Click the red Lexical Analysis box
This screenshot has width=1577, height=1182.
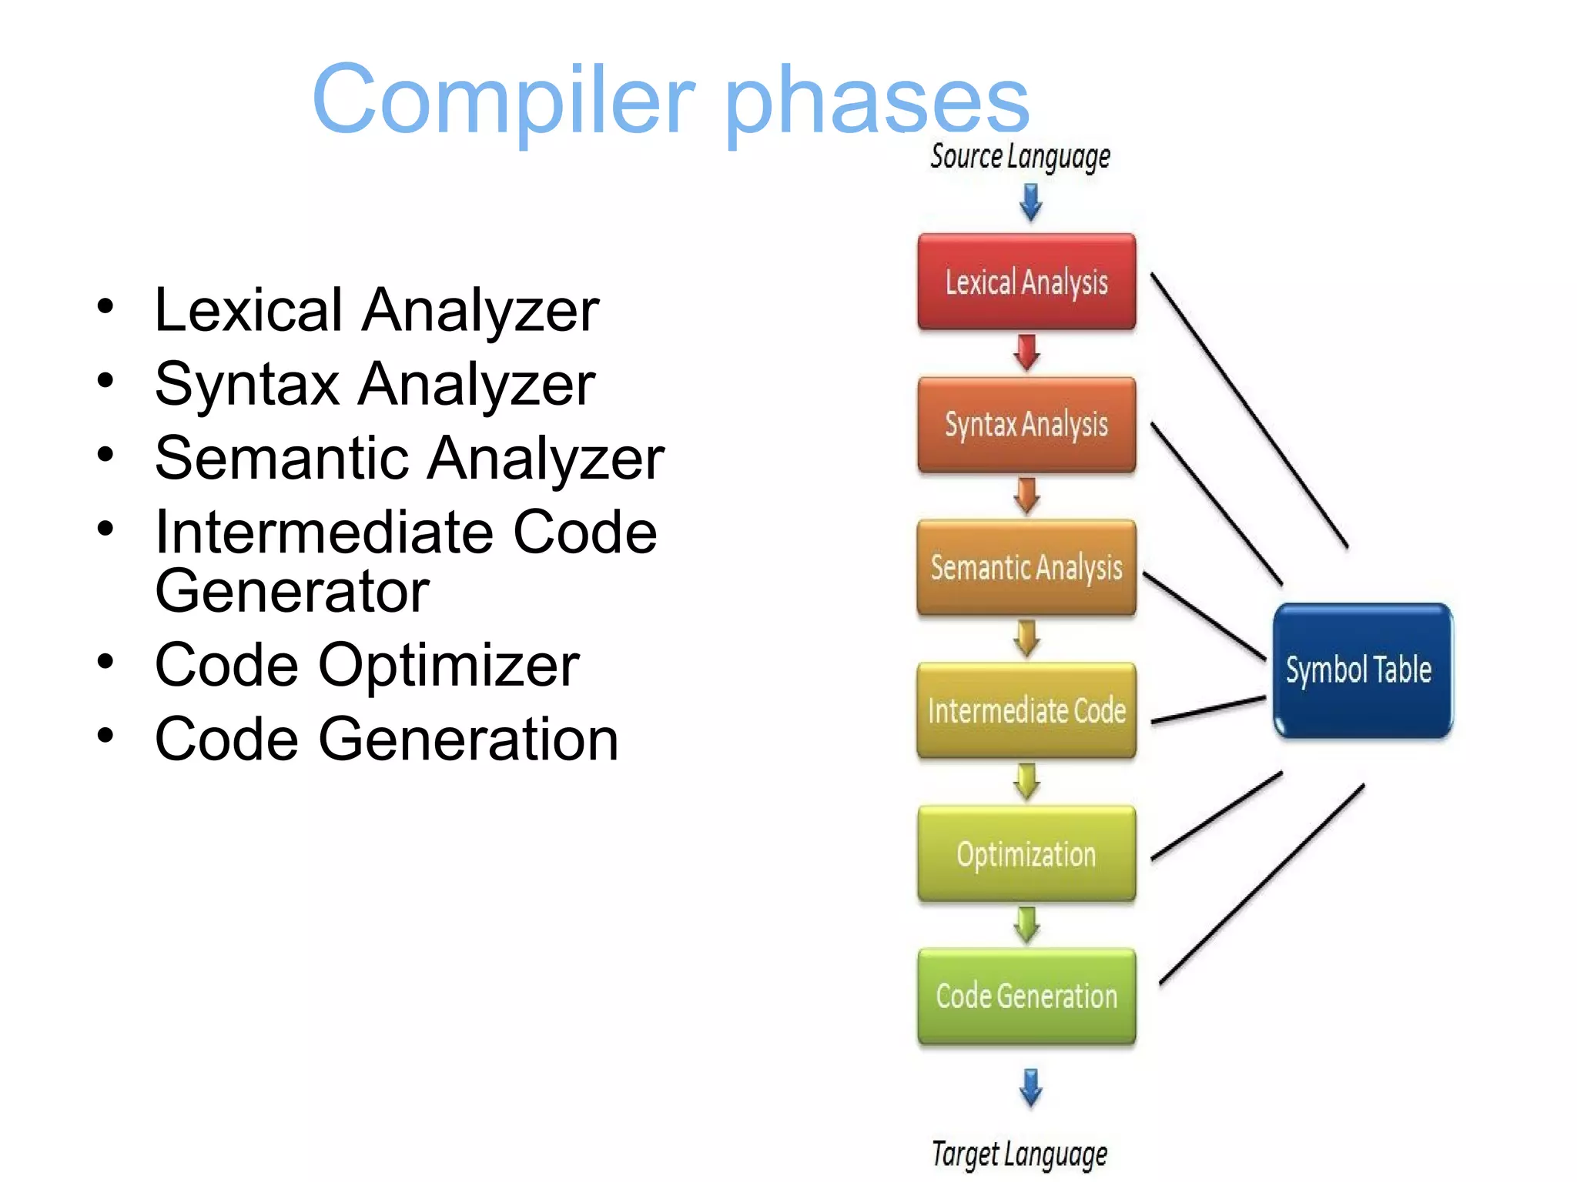click(x=1026, y=282)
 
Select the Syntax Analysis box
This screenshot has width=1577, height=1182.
click(x=1026, y=425)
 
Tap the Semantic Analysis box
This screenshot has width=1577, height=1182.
click(x=1026, y=567)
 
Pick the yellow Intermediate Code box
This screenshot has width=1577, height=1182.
click(x=1026, y=710)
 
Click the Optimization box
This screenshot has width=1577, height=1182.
click(x=1026, y=853)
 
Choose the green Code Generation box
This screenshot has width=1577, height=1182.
click(x=1026, y=996)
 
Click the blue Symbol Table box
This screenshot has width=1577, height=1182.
click(x=1361, y=670)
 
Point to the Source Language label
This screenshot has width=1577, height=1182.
click(x=1020, y=157)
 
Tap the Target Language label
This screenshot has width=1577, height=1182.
click(x=1020, y=1154)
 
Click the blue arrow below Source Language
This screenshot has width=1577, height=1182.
click(x=1030, y=203)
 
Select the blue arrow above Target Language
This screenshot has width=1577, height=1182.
click(x=1030, y=1087)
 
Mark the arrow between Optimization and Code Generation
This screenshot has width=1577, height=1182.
click(x=1026, y=924)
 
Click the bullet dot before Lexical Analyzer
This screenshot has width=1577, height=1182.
click(x=105, y=307)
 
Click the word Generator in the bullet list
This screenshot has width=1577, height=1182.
click(x=292, y=591)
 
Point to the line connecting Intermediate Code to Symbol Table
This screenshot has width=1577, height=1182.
click(x=1208, y=710)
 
